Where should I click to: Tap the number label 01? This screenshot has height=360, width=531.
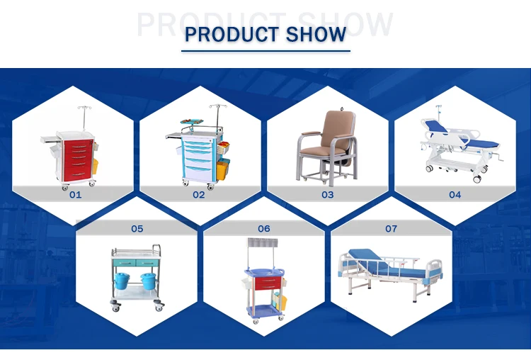(75, 194)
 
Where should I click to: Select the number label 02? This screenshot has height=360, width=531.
(198, 194)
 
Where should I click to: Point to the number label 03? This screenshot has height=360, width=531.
(327, 194)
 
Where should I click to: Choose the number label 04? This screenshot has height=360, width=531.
(455, 194)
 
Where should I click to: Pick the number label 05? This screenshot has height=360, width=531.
(137, 228)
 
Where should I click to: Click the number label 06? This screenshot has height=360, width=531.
(264, 228)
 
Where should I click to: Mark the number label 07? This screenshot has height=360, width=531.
(392, 228)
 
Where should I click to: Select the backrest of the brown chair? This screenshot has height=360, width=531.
(327, 128)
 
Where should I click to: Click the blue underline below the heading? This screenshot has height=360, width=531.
(265, 50)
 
